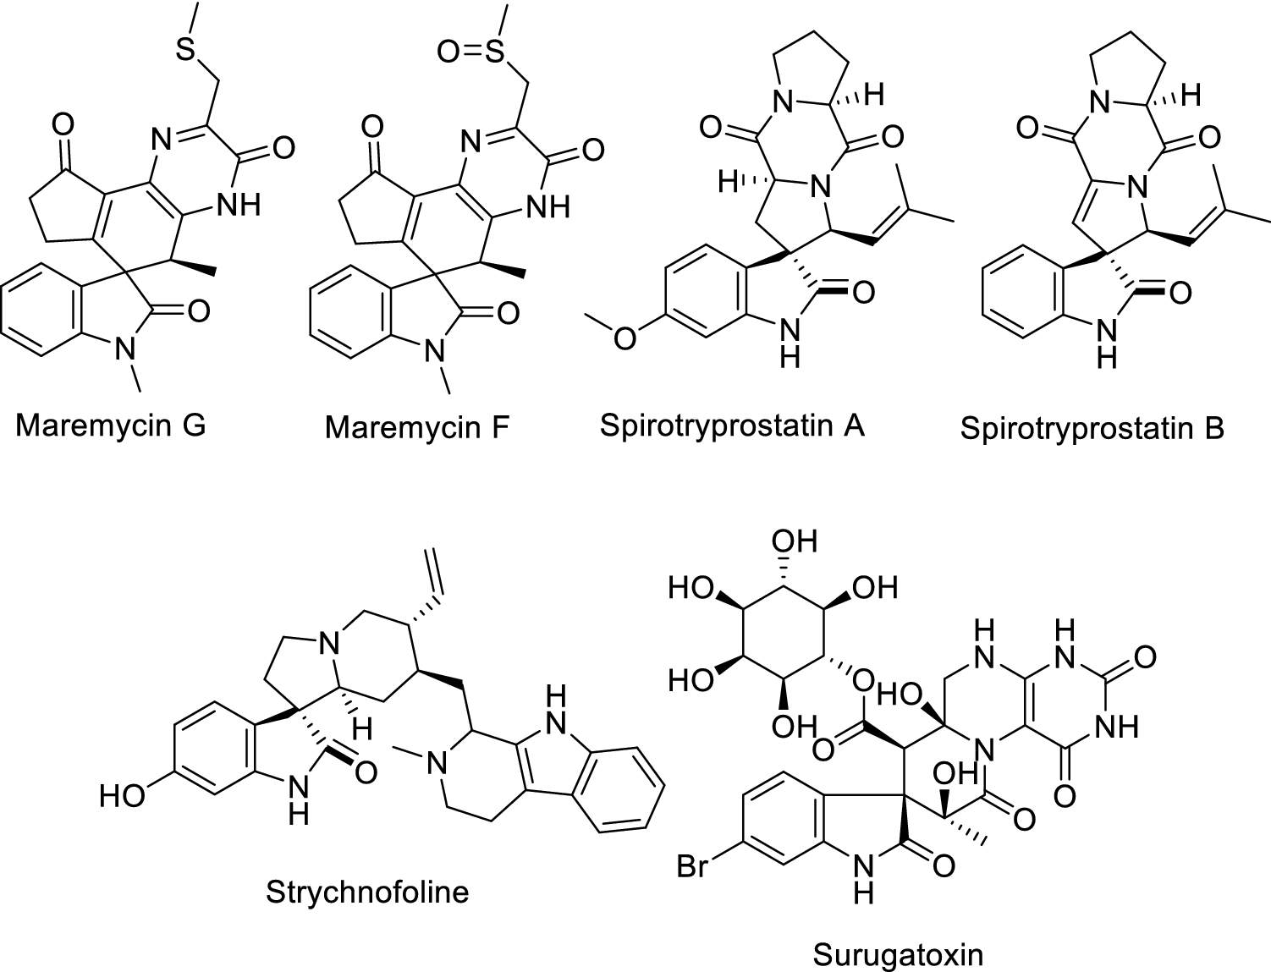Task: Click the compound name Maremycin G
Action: [x=110, y=425]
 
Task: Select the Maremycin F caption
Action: [x=416, y=427]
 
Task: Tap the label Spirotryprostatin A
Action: [x=732, y=424]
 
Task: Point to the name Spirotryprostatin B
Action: [x=1092, y=428]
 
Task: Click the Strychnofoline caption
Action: [x=367, y=891]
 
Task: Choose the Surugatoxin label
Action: [x=898, y=955]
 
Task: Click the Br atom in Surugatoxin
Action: [x=693, y=868]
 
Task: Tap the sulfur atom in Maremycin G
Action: [x=185, y=50]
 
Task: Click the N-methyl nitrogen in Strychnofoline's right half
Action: [x=436, y=766]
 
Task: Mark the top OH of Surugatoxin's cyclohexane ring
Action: [x=795, y=541]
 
